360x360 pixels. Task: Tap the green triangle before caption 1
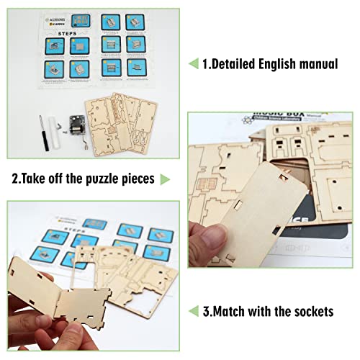pyautogui.click(x=193, y=64)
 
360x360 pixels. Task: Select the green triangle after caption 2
pyautogui.click(x=165, y=178)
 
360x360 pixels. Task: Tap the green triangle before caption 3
pyautogui.click(x=193, y=311)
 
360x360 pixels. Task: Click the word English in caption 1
pyautogui.click(x=278, y=64)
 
